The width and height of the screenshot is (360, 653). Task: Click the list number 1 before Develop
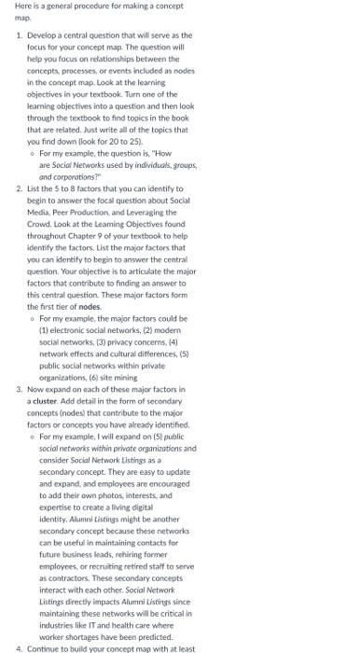(x=20, y=35)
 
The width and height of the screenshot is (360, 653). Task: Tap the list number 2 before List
(x=20, y=187)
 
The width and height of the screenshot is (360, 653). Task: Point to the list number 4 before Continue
(x=20, y=646)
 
